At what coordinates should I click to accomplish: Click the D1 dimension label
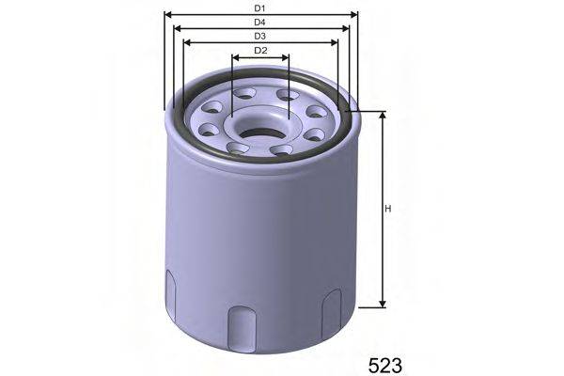[259, 8]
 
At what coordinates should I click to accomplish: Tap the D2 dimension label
[260, 50]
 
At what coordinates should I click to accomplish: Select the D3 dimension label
[259, 36]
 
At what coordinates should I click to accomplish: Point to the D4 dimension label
[259, 22]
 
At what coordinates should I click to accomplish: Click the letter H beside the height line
[387, 209]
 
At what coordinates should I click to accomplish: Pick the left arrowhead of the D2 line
[234, 56]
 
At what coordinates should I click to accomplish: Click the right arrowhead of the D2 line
[287, 56]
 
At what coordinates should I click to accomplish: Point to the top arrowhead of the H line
[383, 115]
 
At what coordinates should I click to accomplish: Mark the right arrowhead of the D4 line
[347, 28]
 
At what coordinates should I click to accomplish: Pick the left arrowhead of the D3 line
[186, 42]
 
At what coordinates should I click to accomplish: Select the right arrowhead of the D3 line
[336, 42]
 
